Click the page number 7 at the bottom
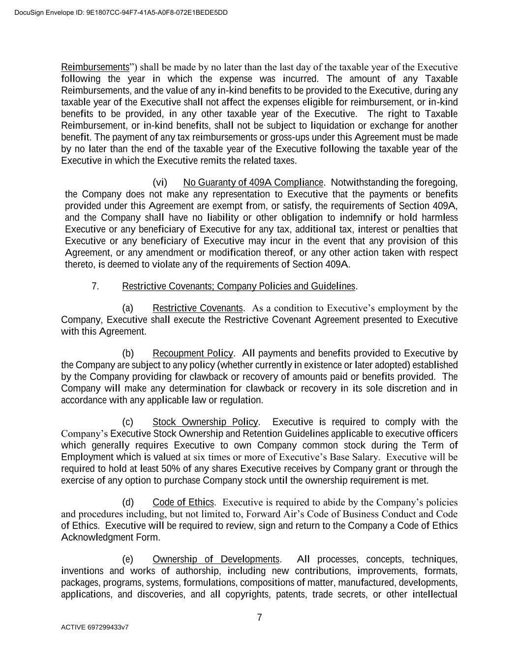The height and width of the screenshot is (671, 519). point(259,618)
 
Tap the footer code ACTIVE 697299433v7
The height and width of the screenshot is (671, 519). point(95,628)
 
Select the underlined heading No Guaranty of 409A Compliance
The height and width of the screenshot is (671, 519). point(253,183)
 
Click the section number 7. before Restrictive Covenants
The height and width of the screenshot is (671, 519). point(95,286)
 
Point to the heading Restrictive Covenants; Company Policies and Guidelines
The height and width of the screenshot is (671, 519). point(239,286)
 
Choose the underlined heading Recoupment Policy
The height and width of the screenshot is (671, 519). point(193,353)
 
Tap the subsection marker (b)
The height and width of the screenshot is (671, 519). point(128,353)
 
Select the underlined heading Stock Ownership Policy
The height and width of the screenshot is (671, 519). point(205,422)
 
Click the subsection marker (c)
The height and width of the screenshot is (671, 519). point(128,422)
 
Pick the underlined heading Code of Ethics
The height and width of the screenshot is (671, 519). point(183,502)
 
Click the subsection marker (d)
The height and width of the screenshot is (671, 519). point(128,502)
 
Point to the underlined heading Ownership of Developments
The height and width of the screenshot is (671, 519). point(216,559)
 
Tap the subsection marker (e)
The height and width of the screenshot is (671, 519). point(128,559)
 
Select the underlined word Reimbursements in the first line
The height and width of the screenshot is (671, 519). point(95,67)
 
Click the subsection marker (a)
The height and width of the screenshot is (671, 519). point(128,308)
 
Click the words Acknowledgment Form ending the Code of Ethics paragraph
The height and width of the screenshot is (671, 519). point(111,537)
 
